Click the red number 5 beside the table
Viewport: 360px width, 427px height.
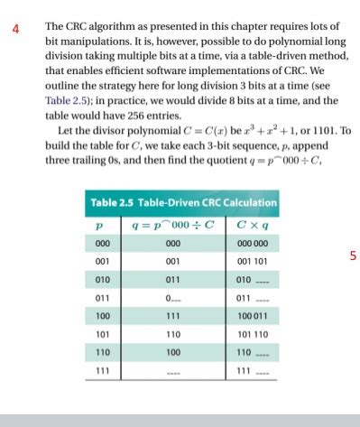pos(354,255)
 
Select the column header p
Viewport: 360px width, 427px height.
pos(101,225)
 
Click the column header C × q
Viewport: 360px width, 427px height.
pos(245,225)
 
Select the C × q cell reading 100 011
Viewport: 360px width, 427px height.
pos(245,316)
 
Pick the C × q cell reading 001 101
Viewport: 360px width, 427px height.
pos(245,262)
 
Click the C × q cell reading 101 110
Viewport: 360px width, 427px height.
pos(245,334)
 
